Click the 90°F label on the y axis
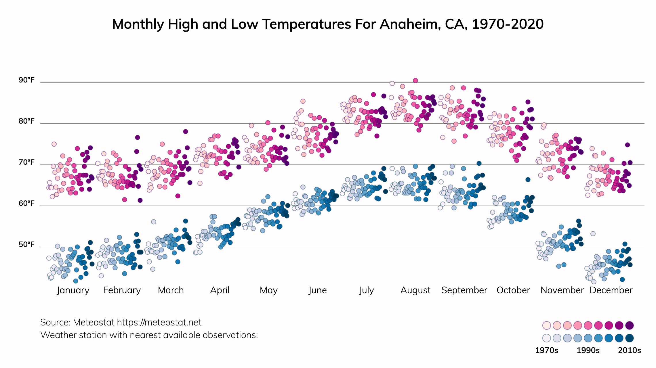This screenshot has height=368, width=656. point(26,80)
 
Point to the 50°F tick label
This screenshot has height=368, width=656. point(26,245)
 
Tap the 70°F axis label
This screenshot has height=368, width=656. point(26,162)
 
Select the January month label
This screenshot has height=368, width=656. point(73,290)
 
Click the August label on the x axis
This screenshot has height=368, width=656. point(415,290)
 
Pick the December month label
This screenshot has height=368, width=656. point(611,290)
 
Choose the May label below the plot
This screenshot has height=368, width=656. point(268,290)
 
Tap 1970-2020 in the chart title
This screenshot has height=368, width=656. point(508,24)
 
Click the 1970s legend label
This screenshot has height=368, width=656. point(546,350)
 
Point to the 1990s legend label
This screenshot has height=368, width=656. point(588,350)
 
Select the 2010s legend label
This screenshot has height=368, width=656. point(630,350)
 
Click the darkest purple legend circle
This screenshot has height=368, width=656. point(630,325)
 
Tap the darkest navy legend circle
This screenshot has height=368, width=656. point(630,338)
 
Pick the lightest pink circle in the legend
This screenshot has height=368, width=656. point(546,325)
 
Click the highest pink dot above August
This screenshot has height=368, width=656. point(415,80)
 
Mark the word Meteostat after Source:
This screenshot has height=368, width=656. point(94,323)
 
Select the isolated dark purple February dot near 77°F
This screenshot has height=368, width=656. point(138,137)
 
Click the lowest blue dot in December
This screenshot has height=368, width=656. point(622,279)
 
